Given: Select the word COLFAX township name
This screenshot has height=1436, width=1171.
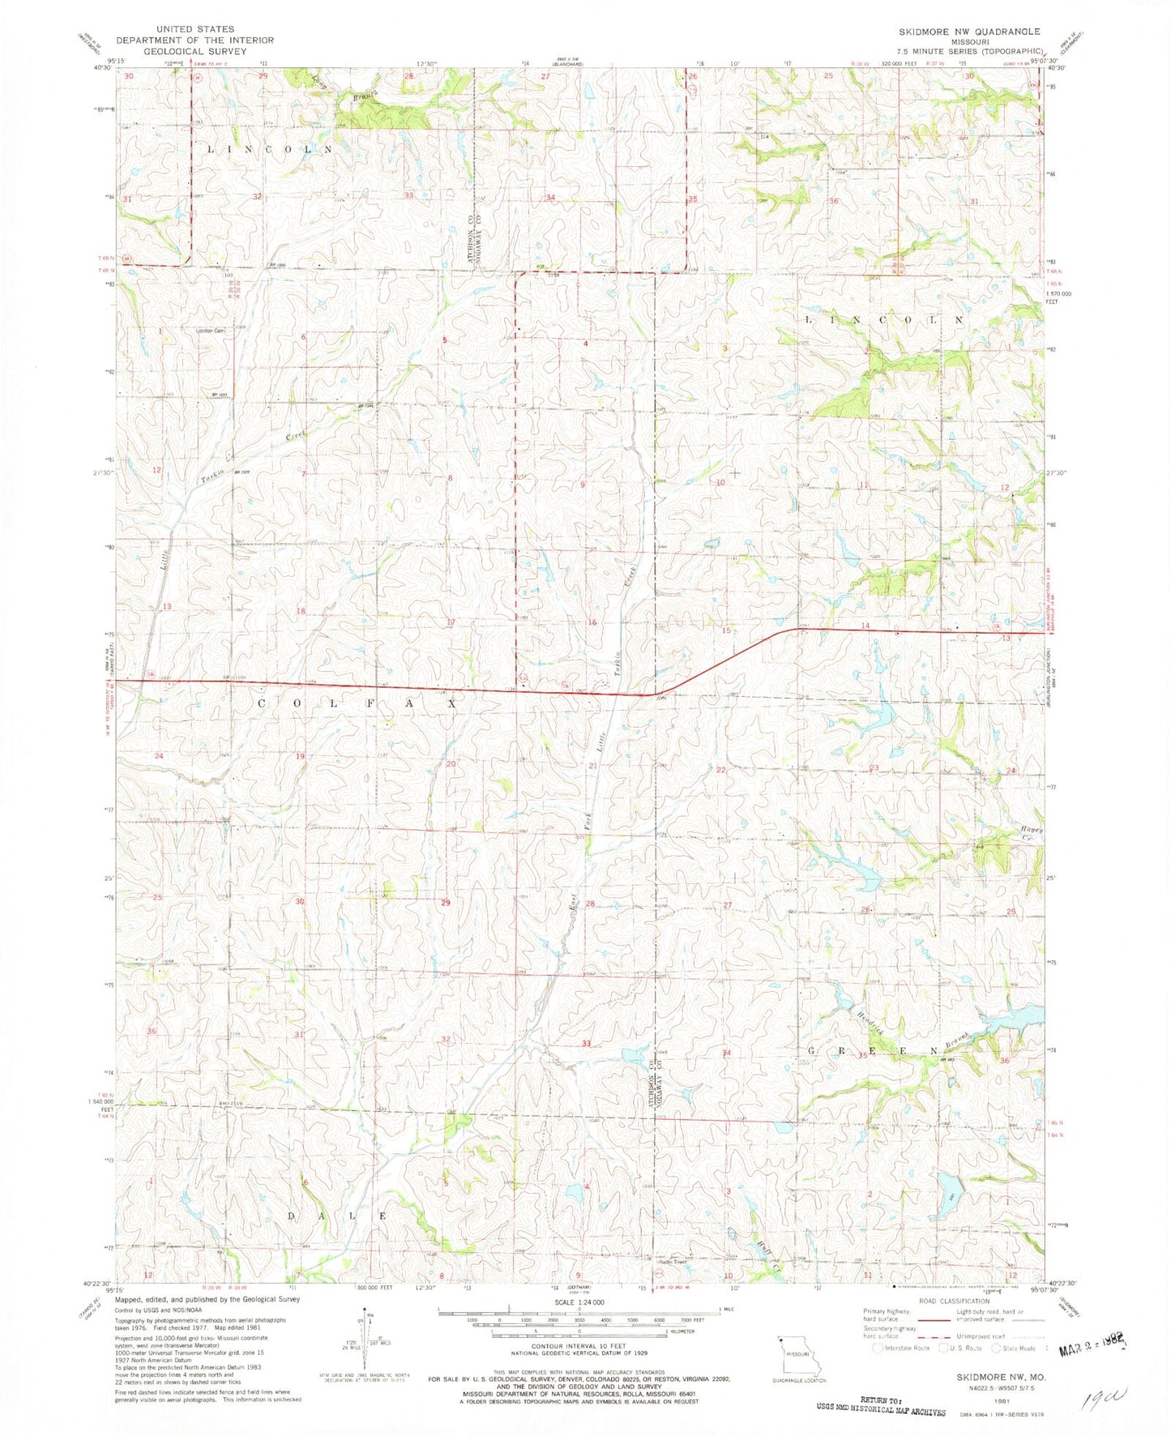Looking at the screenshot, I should coord(357,704).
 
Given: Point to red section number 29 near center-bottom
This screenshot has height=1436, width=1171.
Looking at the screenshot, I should coord(445,902).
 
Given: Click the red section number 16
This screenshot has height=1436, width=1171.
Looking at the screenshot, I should coord(592,622).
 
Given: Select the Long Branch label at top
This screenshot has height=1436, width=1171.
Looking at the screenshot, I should coord(343,89).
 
